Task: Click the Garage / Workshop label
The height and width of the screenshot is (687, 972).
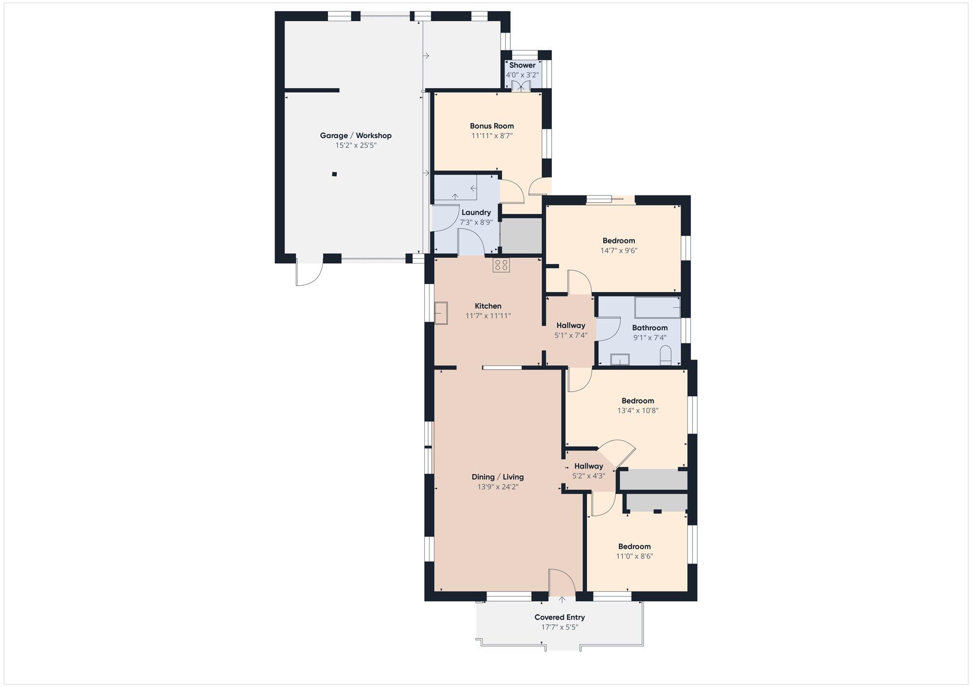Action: (x=355, y=136)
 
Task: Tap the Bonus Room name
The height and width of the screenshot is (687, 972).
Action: (x=492, y=126)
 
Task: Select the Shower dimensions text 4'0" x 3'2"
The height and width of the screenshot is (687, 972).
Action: (x=522, y=75)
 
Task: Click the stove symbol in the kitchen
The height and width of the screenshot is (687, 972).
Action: (x=501, y=265)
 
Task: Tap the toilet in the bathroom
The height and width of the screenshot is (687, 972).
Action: (x=666, y=355)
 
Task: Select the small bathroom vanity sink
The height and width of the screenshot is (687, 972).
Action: (x=620, y=360)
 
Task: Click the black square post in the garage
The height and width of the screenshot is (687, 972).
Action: (x=334, y=174)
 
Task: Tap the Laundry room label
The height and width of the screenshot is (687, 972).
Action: (x=476, y=212)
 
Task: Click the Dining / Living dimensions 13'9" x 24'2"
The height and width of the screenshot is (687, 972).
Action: (x=498, y=487)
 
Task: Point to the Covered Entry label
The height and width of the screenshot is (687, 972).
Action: (x=560, y=617)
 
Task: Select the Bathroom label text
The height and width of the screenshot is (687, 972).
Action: (x=650, y=328)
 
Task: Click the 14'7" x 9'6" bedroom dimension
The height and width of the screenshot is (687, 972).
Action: (x=619, y=251)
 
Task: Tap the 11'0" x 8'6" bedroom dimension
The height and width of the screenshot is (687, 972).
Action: (x=635, y=556)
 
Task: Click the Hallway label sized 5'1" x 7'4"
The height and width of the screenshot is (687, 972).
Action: (x=571, y=326)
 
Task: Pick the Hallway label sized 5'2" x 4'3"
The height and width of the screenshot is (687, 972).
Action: (x=589, y=466)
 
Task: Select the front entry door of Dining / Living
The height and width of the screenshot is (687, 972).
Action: (x=562, y=582)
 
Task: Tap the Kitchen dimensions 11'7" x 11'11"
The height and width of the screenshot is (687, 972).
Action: (x=488, y=316)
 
